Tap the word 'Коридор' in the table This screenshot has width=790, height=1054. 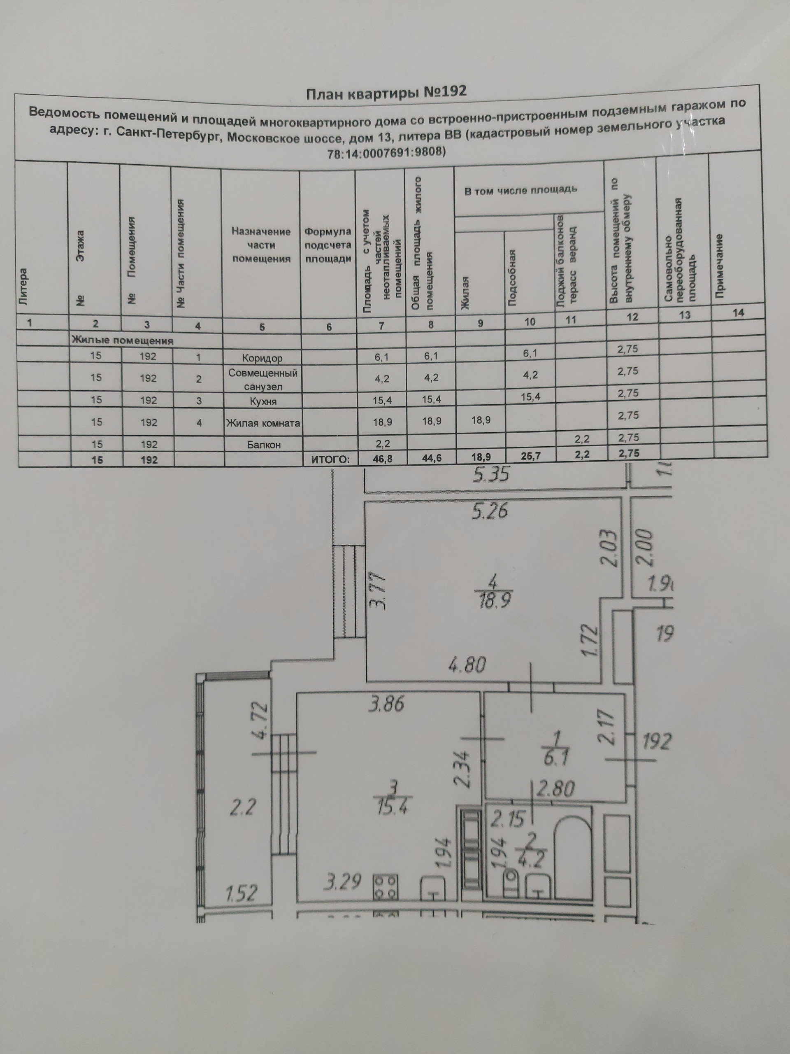coord(262,358)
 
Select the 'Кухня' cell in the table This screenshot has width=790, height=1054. coord(263,401)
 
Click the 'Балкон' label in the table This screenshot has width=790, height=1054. coord(263,445)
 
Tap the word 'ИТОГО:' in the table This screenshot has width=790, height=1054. coord(330,459)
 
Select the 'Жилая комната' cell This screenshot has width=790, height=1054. coord(263,423)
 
